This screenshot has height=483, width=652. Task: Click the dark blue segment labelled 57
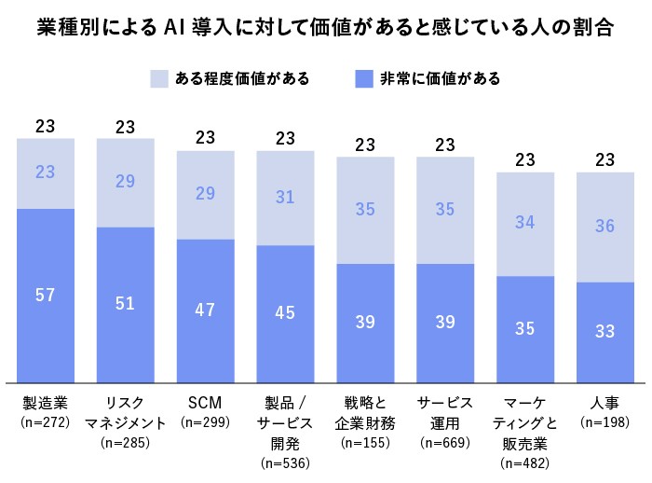coord(46,296)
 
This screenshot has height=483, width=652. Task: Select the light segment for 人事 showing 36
coord(604,227)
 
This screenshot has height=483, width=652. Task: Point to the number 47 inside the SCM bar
coord(205,311)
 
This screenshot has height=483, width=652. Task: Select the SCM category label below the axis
coord(205,402)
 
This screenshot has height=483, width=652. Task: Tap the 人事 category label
coord(604,402)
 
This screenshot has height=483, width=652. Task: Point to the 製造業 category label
coord(46,402)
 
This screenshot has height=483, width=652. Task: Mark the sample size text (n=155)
coord(365,442)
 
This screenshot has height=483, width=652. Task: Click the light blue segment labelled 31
coord(285,197)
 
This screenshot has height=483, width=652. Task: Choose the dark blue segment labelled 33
coord(604,332)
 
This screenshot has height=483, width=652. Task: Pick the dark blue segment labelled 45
coord(285,313)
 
